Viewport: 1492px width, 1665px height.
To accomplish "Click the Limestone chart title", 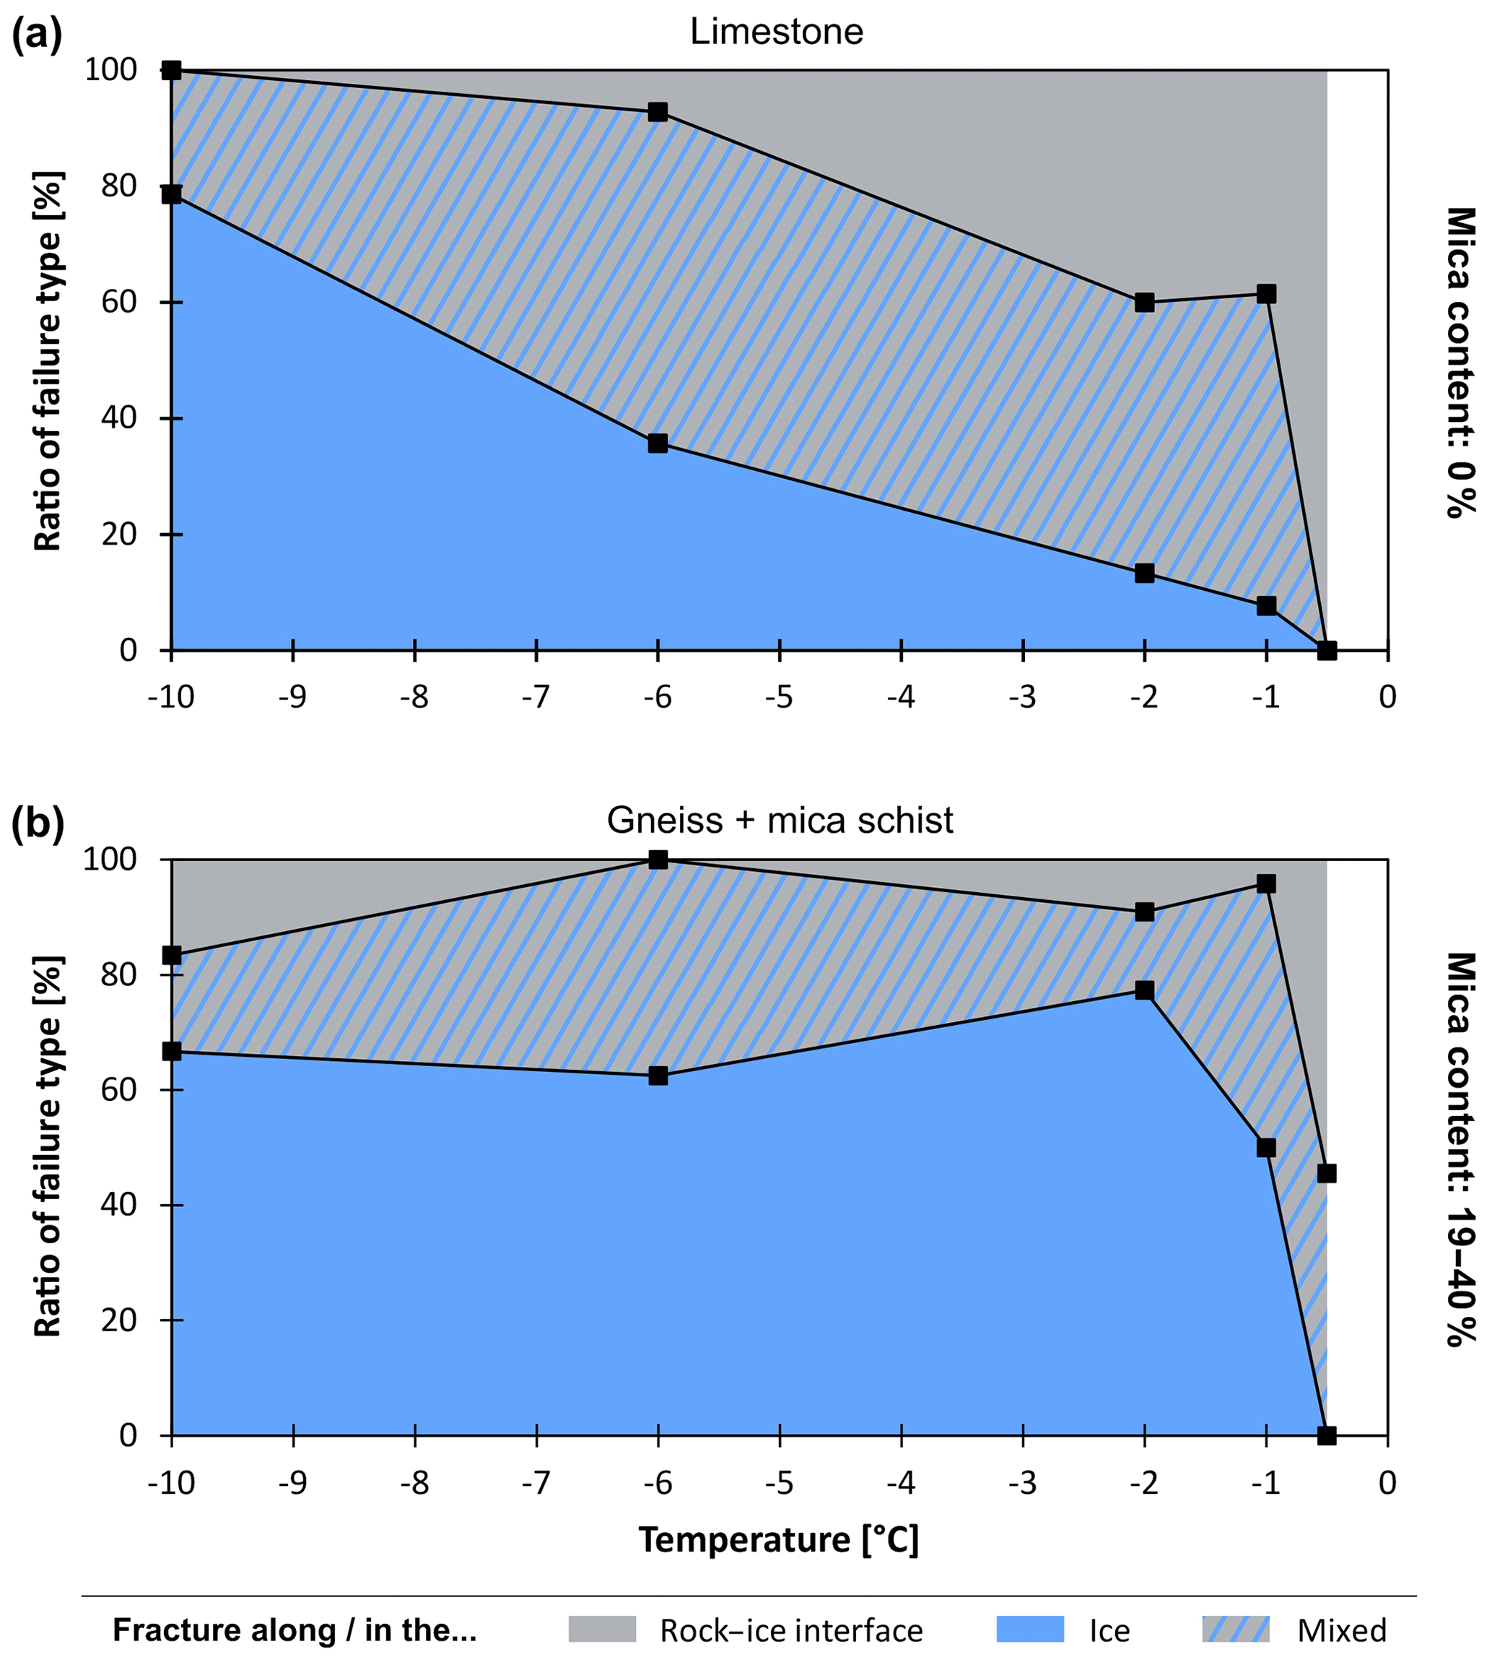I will click(777, 32).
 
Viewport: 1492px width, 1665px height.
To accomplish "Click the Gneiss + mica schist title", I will click(780, 819).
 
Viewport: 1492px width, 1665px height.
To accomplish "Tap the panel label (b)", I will click(37, 824).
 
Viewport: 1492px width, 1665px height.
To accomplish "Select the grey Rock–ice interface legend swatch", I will click(602, 1630).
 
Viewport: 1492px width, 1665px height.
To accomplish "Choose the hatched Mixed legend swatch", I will click(1236, 1630).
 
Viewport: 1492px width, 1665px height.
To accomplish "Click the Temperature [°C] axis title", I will click(779, 1540).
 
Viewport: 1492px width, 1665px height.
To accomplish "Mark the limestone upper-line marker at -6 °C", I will click(658, 111).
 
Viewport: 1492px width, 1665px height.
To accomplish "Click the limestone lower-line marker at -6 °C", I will click(658, 444).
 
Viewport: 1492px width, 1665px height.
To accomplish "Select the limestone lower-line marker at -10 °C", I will click(171, 194).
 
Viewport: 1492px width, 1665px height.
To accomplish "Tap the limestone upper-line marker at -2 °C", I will click(1144, 303).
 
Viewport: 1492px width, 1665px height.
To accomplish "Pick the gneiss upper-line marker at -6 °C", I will click(658, 860).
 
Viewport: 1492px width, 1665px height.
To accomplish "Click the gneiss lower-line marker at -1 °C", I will click(1266, 1148).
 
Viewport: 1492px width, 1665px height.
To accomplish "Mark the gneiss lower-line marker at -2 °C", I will click(1144, 991).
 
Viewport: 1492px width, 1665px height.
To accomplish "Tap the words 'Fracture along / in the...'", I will click(295, 1630).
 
